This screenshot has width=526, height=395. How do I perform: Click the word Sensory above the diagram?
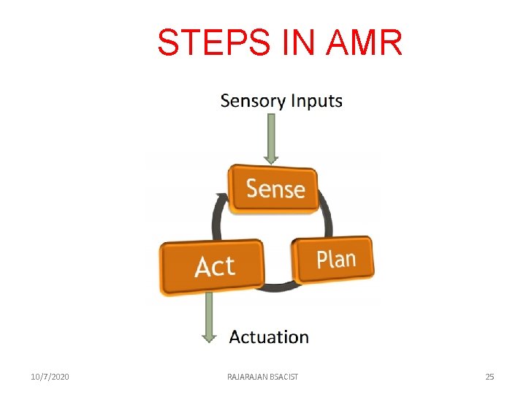(x=252, y=101)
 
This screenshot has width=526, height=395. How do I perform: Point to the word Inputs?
(x=316, y=101)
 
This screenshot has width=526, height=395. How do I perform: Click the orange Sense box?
(x=275, y=189)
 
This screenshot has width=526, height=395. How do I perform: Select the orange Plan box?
(x=335, y=258)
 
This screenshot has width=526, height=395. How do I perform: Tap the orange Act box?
(x=213, y=266)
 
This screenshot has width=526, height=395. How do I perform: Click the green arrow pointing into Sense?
(x=271, y=138)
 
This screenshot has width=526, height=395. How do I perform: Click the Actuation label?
(x=269, y=337)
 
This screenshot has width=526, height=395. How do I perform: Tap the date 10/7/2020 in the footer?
(x=50, y=377)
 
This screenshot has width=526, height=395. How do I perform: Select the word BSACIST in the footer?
(x=284, y=377)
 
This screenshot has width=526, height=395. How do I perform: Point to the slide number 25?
(x=489, y=377)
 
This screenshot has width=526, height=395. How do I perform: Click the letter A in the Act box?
(x=203, y=267)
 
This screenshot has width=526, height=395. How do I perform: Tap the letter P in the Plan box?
(x=322, y=260)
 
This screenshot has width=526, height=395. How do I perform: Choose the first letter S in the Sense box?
(x=253, y=189)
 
